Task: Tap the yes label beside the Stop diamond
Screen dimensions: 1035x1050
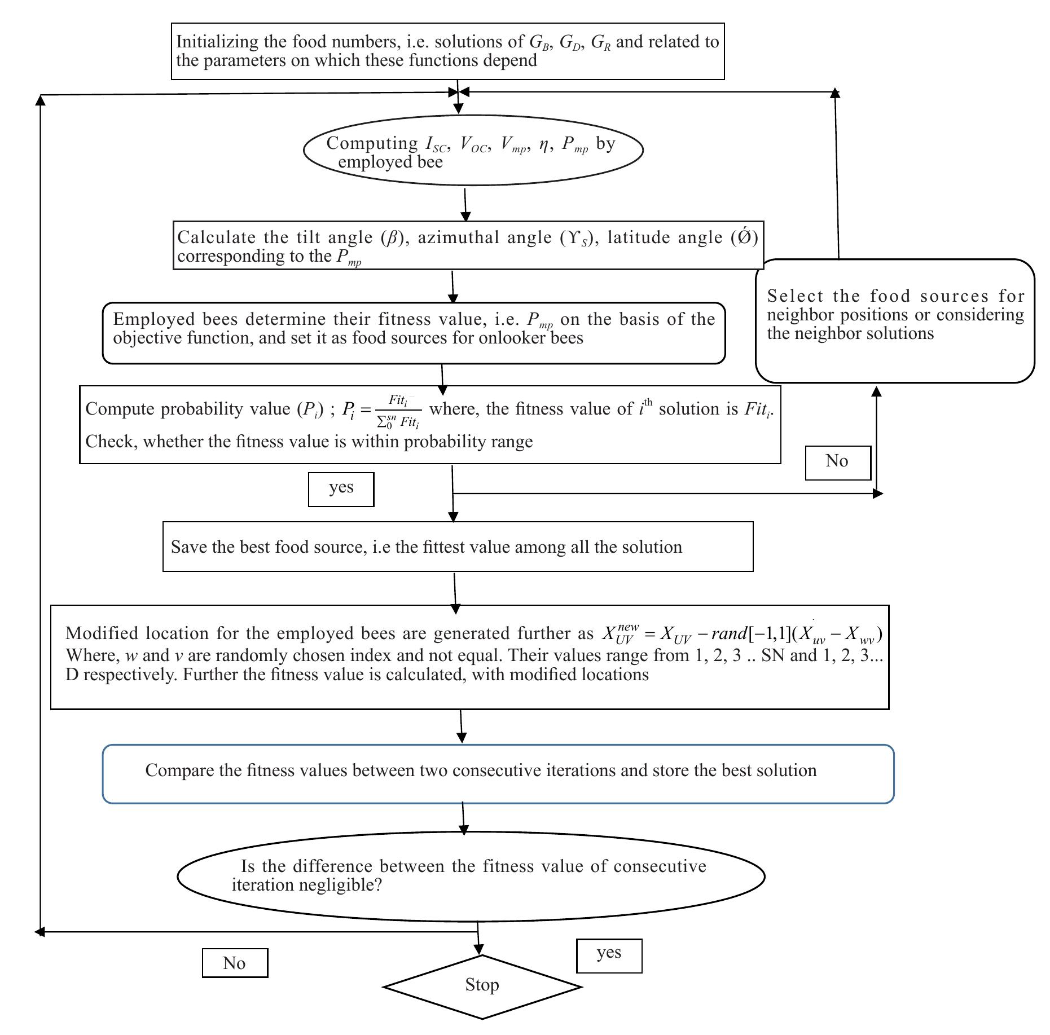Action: [x=609, y=953]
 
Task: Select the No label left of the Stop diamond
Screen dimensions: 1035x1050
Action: [x=234, y=963]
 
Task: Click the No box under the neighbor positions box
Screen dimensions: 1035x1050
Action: [x=837, y=461]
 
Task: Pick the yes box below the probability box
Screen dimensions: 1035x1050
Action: [x=341, y=488]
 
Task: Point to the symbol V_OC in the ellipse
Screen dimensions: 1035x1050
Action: [x=473, y=144]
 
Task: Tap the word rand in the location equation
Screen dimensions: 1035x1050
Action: [x=728, y=634]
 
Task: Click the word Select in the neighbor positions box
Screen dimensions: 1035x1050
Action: [x=795, y=296]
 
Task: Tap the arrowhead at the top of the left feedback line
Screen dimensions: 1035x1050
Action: [x=40, y=100]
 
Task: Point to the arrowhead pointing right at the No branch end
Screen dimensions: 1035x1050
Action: [x=878, y=494]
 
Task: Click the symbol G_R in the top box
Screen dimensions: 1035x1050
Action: [x=600, y=43]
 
